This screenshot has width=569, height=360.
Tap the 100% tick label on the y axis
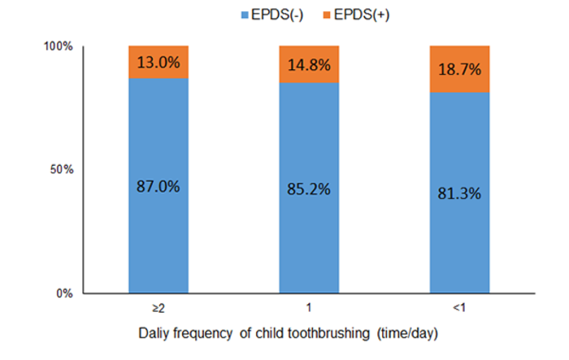(x=58, y=47)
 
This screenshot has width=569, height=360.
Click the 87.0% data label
(x=159, y=185)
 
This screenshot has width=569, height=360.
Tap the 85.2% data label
(x=309, y=190)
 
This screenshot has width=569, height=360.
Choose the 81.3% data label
(x=459, y=193)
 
